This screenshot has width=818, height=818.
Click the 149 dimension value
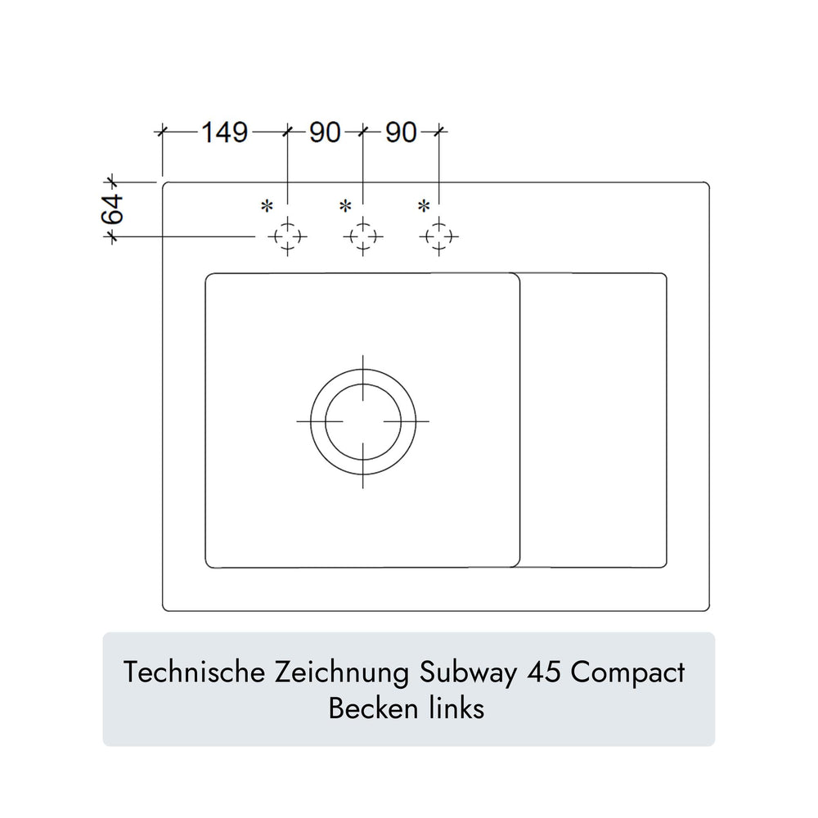pos(225,133)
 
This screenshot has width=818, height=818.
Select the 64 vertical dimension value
pos(113,209)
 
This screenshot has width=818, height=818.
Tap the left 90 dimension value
pos(325,133)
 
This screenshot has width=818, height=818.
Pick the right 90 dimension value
pos(401,133)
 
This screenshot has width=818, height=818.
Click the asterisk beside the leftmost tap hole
pos(267,207)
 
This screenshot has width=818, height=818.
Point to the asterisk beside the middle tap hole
pos(345,207)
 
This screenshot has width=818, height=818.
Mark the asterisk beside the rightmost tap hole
pos(424,207)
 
